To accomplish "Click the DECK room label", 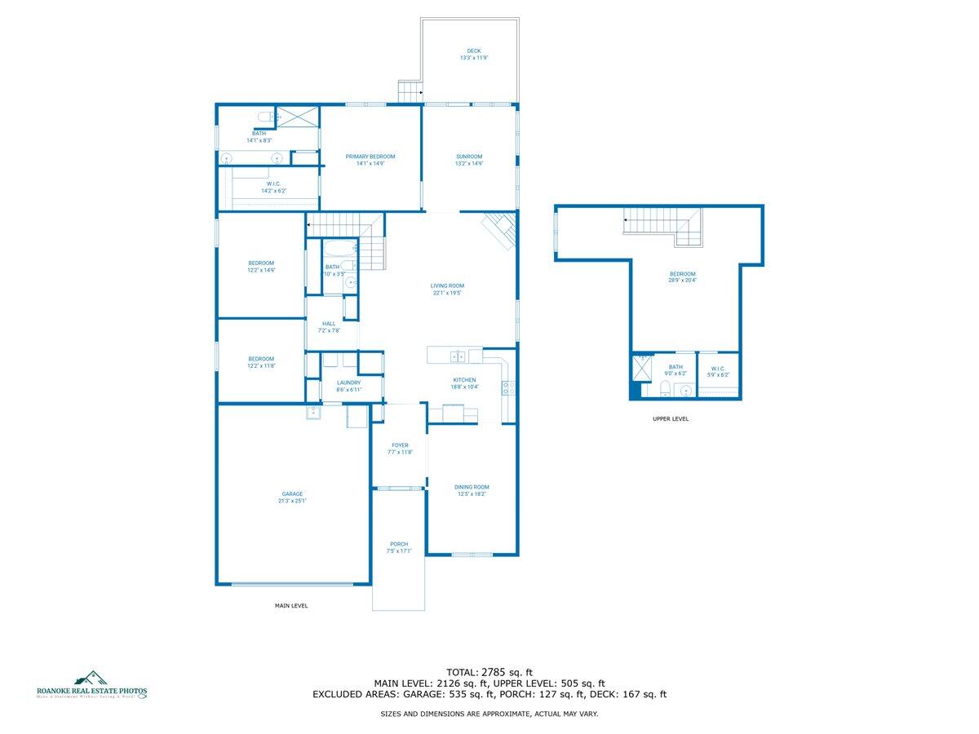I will point(473,51).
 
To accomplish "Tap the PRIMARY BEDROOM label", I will point(370,157).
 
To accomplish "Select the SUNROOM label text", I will point(469,157).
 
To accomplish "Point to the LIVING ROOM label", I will point(447,285).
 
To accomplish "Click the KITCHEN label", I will point(464,380).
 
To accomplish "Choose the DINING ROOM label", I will point(472,487).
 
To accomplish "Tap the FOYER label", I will point(400,445).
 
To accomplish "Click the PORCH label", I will point(399,544).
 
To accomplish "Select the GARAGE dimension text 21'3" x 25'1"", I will point(292,501).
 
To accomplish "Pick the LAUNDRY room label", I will point(348,383).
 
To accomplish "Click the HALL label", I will point(329,324).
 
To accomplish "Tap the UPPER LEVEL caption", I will point(671,418).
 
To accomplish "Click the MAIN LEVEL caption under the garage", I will point(291,606).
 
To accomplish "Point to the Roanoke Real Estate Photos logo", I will point(91,686).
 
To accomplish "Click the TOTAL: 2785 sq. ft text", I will point(489,673).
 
